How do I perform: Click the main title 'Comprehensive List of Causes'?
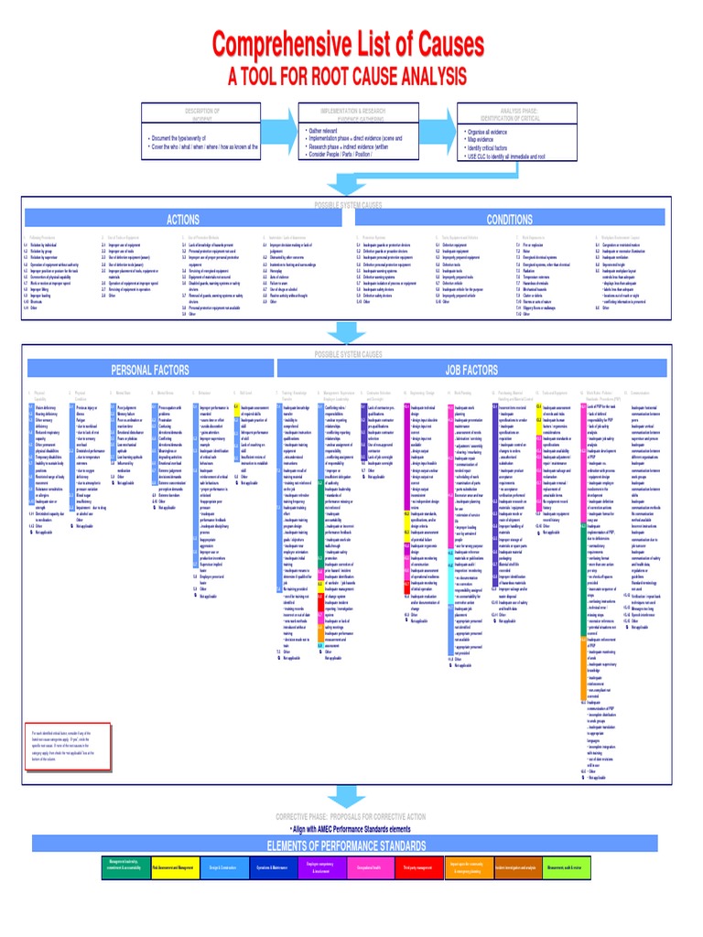348,43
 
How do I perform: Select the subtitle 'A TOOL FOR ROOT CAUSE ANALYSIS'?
348,75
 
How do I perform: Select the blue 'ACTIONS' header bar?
182,220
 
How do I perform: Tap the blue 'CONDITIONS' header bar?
509,220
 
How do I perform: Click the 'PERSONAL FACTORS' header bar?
150,370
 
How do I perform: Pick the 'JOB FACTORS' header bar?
471,370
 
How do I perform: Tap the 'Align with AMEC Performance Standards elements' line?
351,827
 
